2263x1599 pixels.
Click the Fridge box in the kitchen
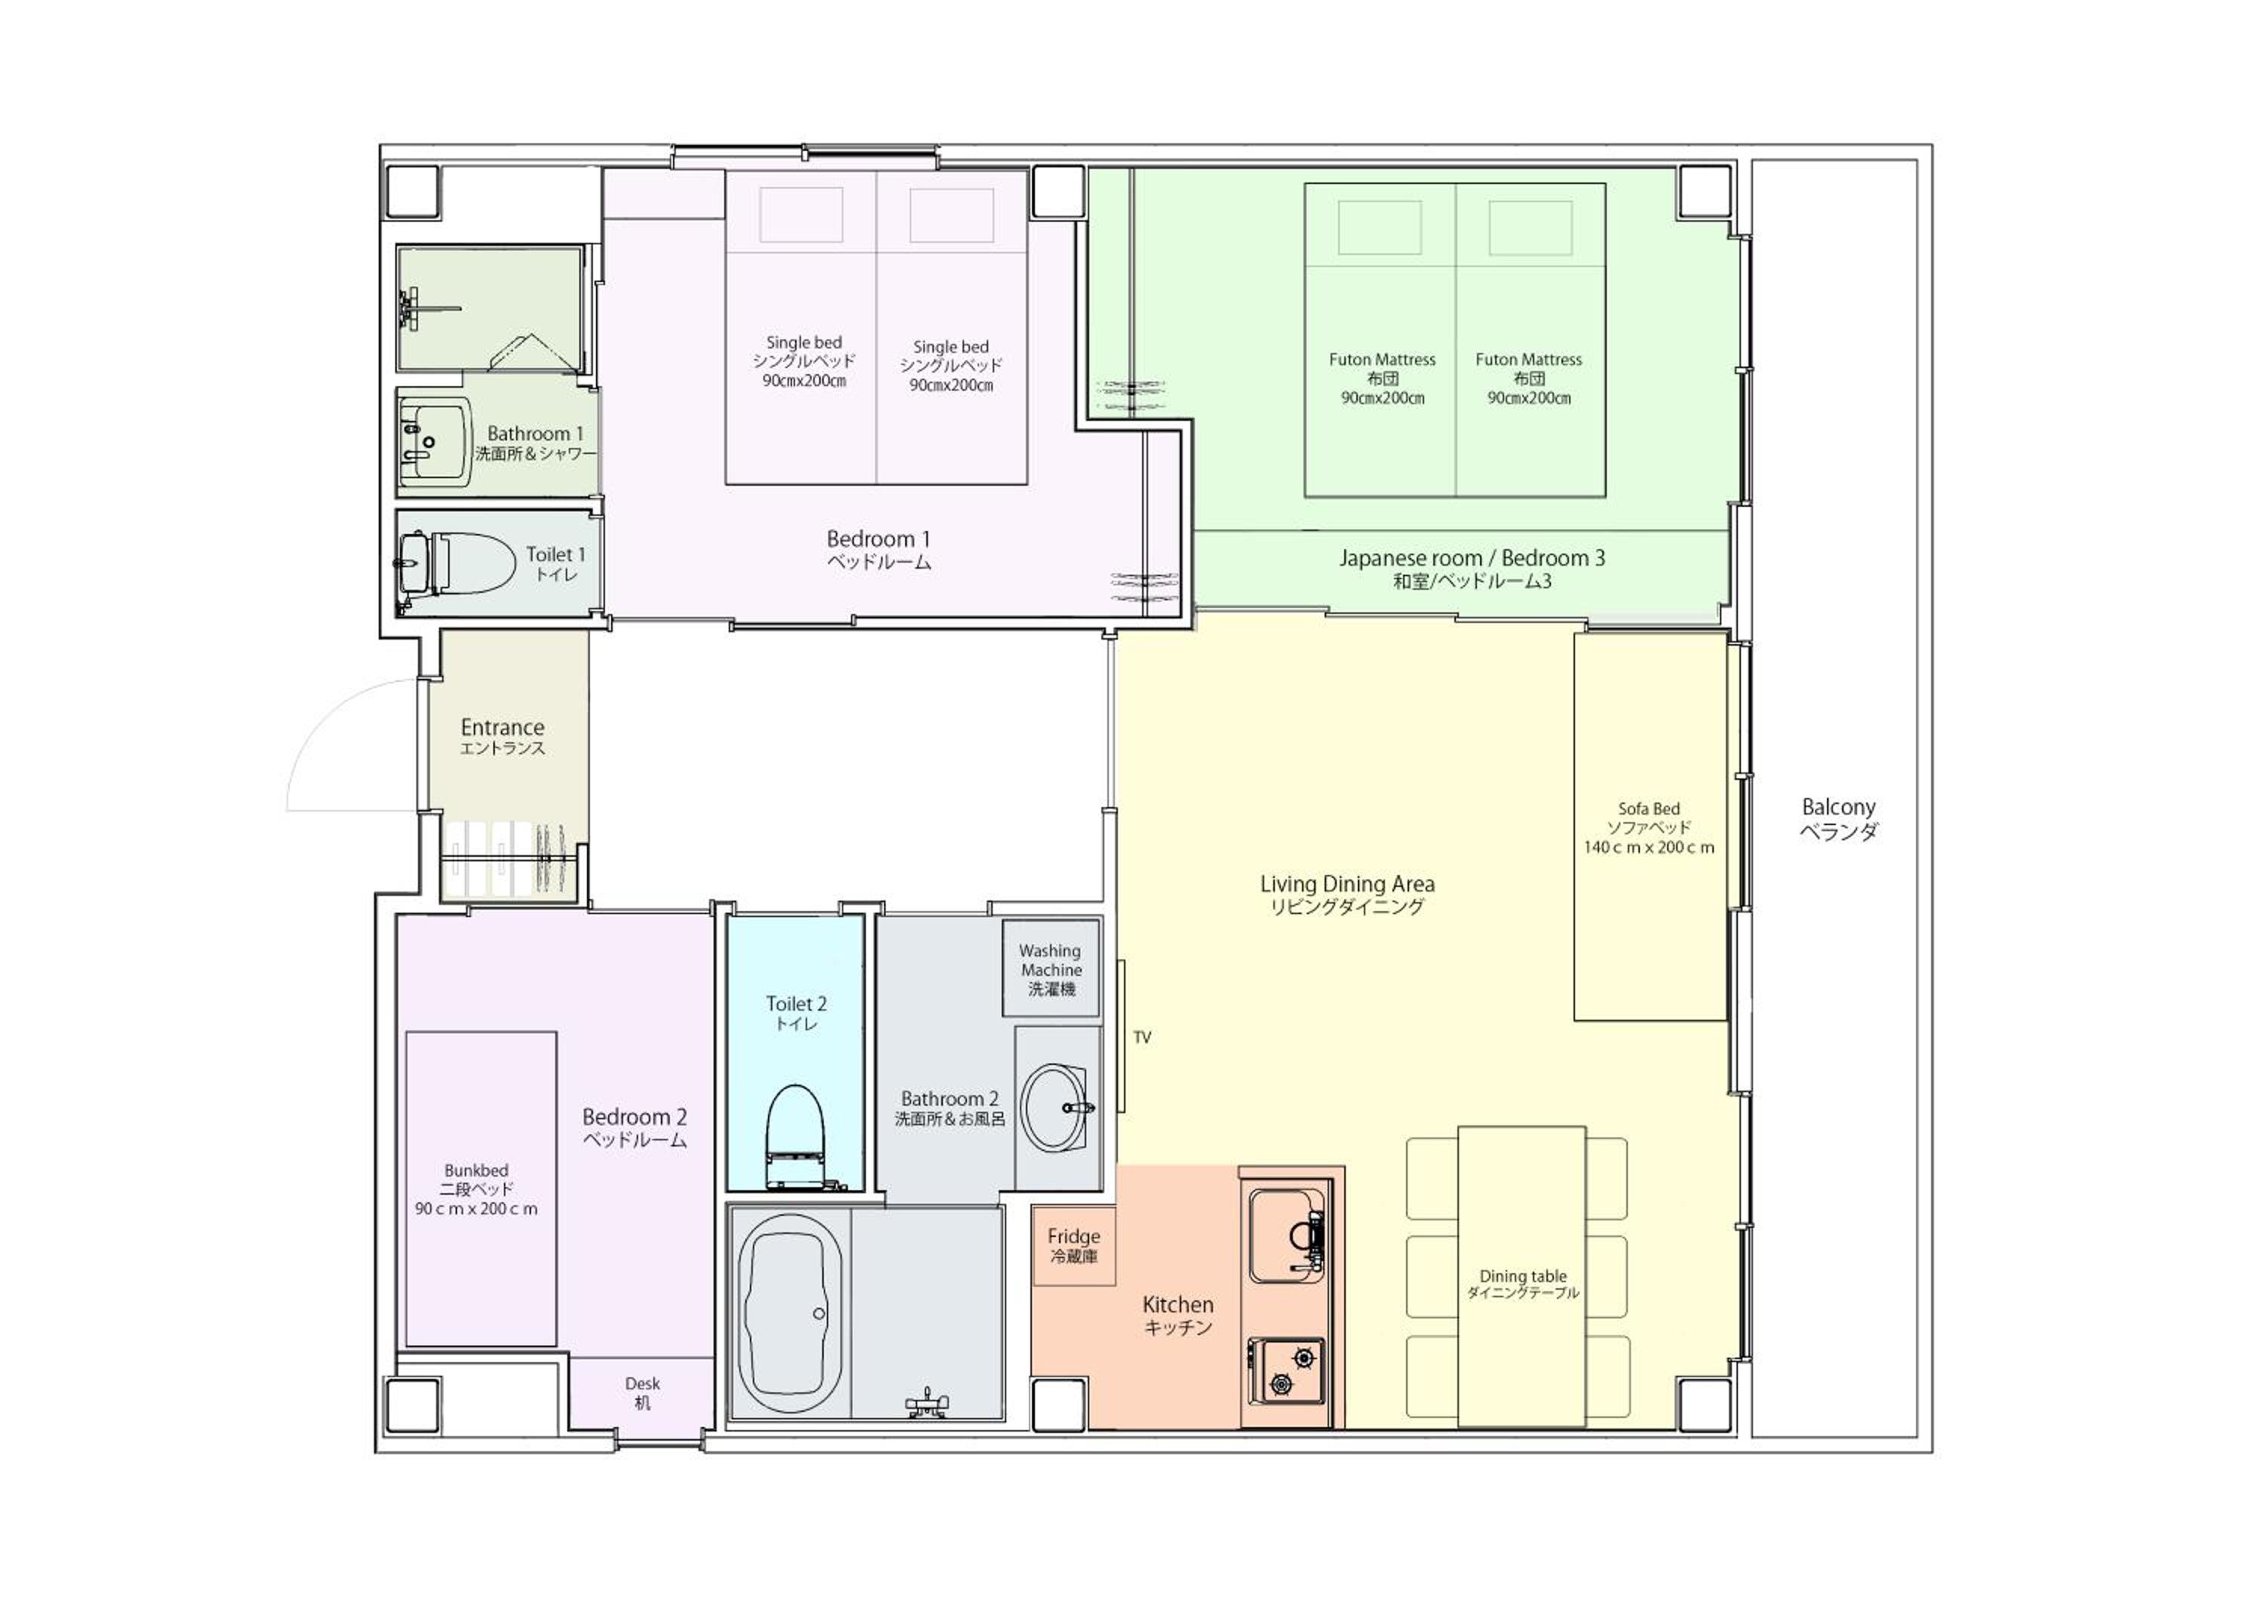point(1073,1245)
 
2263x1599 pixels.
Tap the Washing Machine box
point(1051,968)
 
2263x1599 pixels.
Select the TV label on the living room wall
point(1142,1037)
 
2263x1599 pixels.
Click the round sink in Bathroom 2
point(1055,1107)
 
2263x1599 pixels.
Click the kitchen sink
point(1287,1235)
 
